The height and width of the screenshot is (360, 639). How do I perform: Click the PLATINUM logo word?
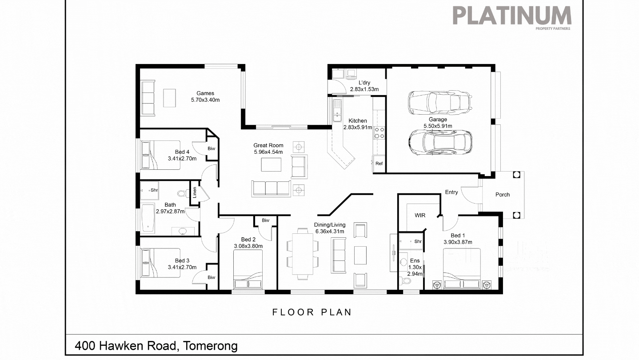(512, 16)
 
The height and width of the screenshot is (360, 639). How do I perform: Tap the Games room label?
(205, 93)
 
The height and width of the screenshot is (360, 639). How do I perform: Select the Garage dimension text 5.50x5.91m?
(438, 126)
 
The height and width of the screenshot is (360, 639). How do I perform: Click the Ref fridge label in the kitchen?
(379, 164)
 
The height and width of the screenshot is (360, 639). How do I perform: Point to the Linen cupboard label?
(195, 192)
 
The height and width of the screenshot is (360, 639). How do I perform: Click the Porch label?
(502, 195)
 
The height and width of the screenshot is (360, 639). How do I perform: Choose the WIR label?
(420, 216)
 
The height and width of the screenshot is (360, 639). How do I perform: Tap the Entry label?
(451, 192)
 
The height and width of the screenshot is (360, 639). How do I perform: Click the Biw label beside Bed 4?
(212, 148)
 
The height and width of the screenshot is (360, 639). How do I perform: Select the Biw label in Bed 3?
(212, 277)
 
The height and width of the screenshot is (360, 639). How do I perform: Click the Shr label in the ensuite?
(418, 241)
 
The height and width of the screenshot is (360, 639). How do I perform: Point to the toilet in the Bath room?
(183, 194)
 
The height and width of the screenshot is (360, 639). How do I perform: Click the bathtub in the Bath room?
(148, 218)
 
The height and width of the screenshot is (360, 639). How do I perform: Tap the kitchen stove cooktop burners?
(379, 133)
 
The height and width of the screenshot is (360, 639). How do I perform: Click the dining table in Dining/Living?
(302, 254)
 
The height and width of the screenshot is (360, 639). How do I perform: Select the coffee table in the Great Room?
(271, 164)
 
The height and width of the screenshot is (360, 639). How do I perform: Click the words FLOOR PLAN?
(312, 312)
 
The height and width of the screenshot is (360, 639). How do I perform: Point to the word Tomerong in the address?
(210, 346)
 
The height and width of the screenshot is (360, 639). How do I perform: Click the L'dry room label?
(364, 83)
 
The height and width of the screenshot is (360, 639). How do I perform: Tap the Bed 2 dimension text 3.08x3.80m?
(248, 246)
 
